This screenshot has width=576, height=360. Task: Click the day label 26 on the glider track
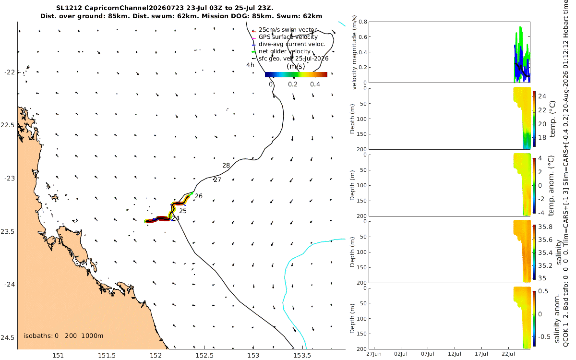[199, 196]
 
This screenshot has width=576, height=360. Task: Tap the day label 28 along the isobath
[226, 165]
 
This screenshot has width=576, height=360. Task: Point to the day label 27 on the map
[217, 180]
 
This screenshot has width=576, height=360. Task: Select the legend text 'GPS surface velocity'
[288, 37]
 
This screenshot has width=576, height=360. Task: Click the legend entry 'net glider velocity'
[285, 51]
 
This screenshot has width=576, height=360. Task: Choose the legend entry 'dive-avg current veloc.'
[292, 44]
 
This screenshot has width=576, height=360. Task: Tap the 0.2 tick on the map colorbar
[293, 84]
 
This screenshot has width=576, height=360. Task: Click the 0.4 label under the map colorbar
[315, 84]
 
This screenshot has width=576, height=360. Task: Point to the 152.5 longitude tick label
[204, 356]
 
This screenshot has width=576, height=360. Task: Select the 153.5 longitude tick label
[302, 356]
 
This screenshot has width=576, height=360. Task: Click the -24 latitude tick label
[10, 285]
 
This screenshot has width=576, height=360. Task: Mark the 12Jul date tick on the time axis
[455, 354]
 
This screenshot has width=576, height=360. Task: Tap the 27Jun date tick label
[374, 354]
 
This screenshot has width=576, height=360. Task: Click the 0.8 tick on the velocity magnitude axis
[362, 22]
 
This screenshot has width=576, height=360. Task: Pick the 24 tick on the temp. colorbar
[542, 96]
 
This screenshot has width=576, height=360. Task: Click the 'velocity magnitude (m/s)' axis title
[354, 52]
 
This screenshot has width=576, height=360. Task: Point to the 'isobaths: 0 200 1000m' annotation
[64, 336]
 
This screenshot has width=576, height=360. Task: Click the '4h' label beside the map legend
[250, 65]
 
